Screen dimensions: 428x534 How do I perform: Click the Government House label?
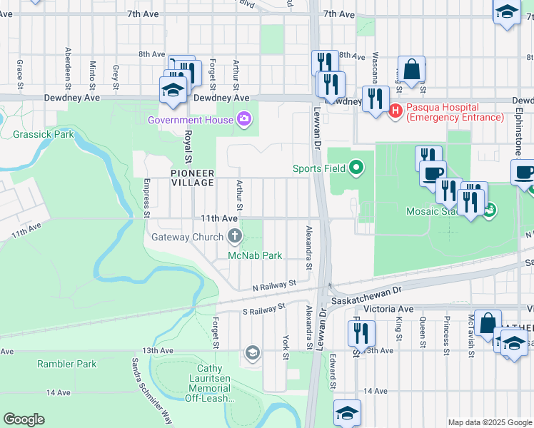pos(190,120)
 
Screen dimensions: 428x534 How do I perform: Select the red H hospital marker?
pos(396,111)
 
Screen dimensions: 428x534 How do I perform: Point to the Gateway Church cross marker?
pos(235,237)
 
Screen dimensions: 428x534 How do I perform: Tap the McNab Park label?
pos(255,255)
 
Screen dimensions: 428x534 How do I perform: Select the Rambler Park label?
pos(66,364)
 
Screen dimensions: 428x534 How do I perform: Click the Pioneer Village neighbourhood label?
pos(192,178)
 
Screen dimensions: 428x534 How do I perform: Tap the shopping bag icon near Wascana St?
pos(412,70)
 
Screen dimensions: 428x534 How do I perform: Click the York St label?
pos(286,347)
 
